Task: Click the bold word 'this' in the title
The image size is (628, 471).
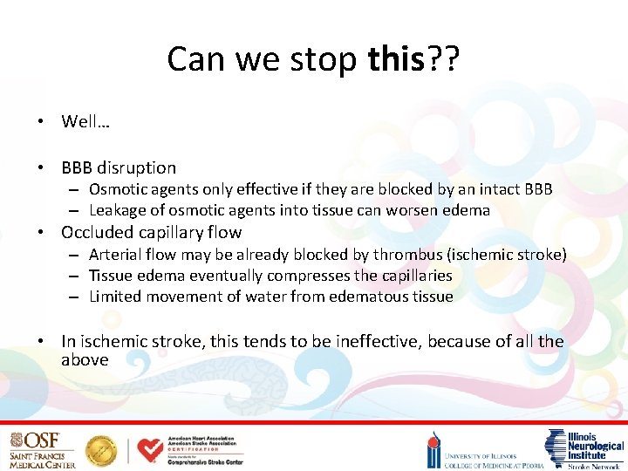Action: [x=395, y=59]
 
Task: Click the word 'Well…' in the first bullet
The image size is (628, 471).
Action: [x=85, y=121]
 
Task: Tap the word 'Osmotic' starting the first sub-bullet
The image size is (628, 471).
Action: [x=118, y=189]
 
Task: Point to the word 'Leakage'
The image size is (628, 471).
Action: [x=119, y=210]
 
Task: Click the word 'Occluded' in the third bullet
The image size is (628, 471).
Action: [x=95, y=233]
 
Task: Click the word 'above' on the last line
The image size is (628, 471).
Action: [x=85, y=359]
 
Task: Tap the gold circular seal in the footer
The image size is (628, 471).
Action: [x=101, y=450]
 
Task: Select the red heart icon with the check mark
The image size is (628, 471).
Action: [x=150, y=450]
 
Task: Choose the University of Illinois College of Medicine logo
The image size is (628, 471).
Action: [x=484, y=451]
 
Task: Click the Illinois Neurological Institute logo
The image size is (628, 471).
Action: [x=583, y=449]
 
